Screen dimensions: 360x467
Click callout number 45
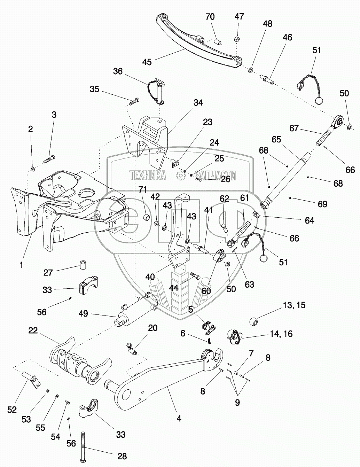147,62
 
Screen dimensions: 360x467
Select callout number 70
210,17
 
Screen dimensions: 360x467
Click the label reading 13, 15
294,305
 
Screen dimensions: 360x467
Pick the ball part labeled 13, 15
254,322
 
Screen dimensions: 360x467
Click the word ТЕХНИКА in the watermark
148,175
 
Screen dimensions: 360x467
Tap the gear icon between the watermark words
180,176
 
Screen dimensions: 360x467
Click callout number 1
21,265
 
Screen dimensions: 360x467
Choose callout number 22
33,330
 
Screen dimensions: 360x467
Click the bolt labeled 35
134,101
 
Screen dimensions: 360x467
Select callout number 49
83,313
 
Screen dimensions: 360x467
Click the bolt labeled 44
195,275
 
